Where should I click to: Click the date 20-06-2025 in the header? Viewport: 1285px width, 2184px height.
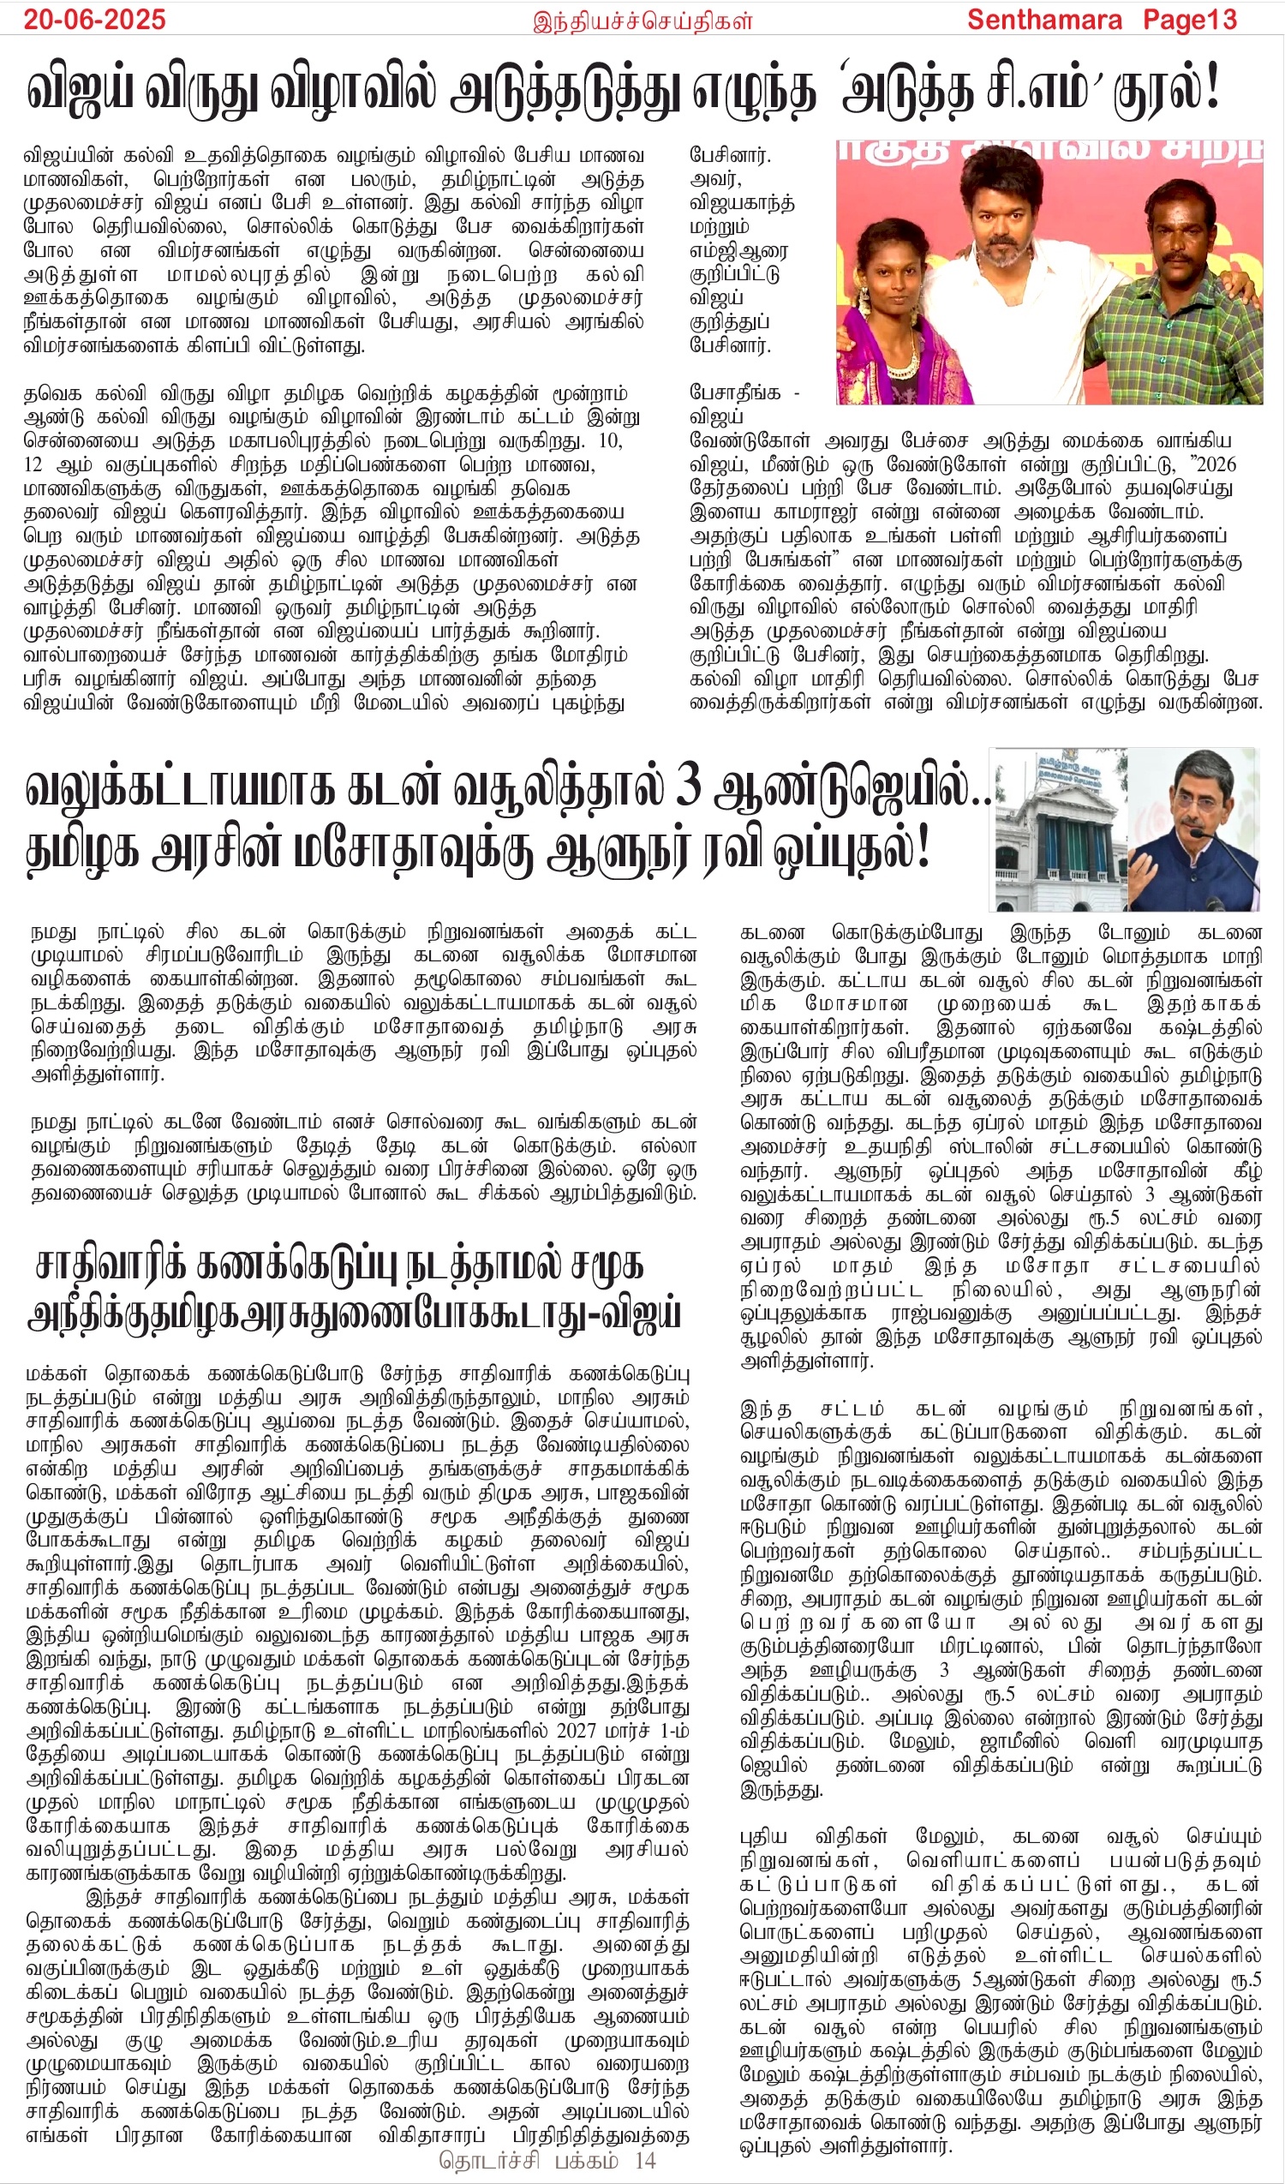click(94, 20)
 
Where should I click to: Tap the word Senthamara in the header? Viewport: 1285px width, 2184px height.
click(1044, 20)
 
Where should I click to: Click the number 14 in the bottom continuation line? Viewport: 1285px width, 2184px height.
click(645, 2161)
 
